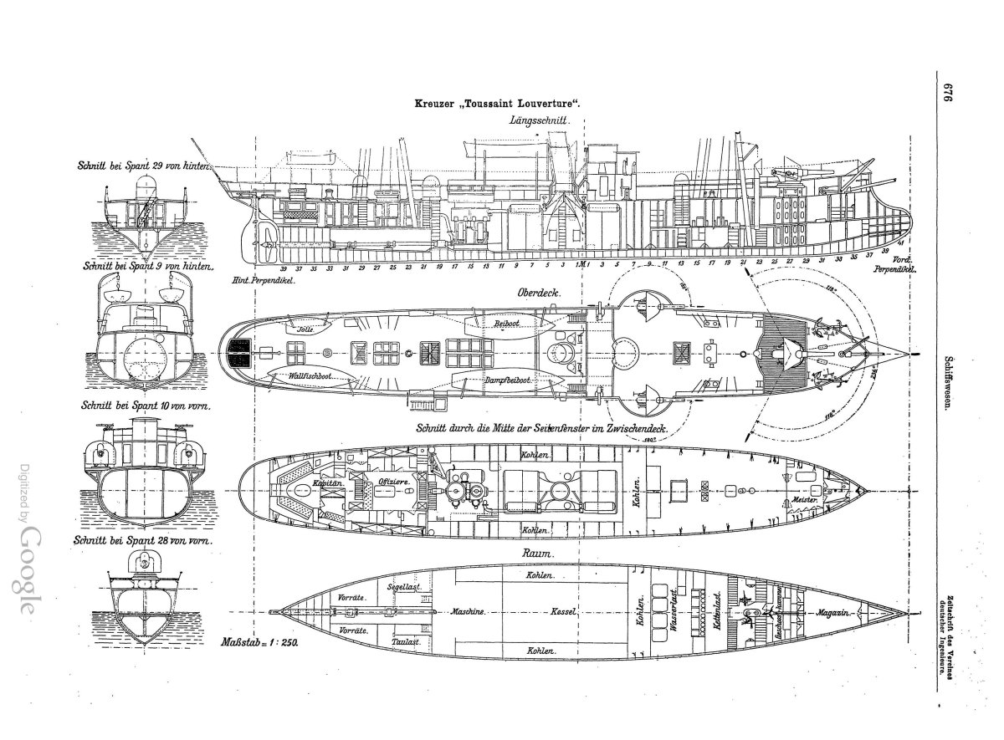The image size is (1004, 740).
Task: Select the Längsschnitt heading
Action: (x=538, y=120)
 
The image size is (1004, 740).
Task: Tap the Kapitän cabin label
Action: (x=306, y=483)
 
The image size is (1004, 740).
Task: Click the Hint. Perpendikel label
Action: (x=265, y=281)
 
